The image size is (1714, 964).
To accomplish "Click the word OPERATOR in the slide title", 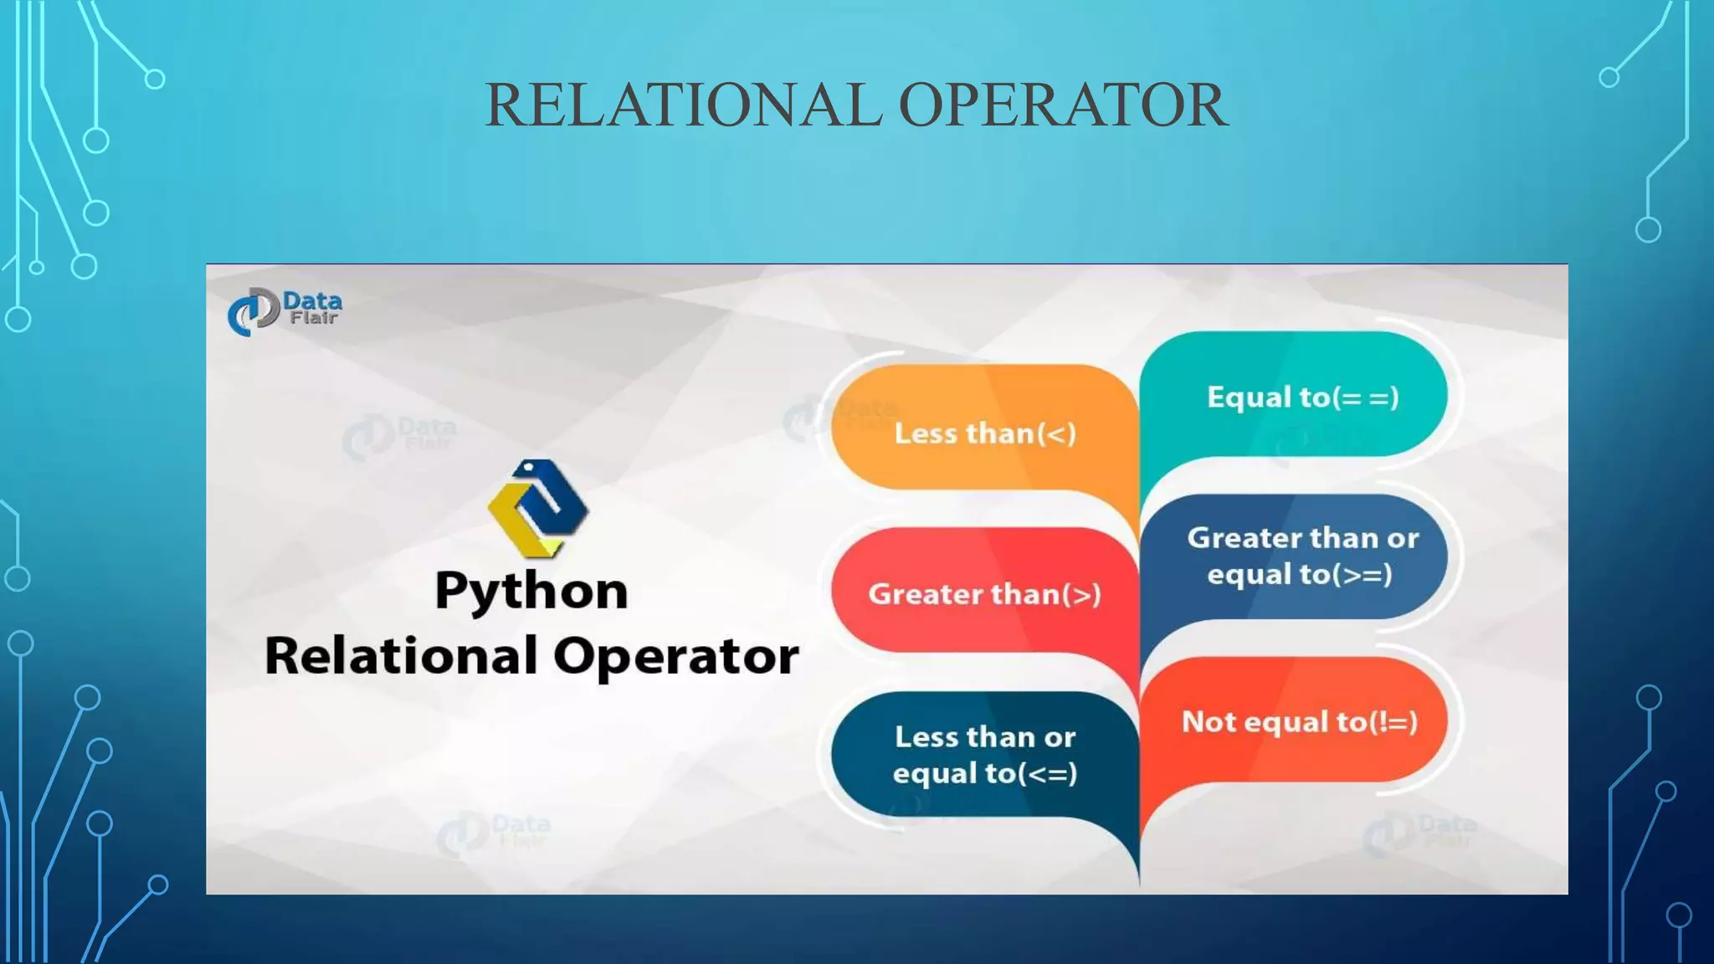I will [1063, 105].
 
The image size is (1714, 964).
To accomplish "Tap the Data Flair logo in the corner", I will [285, 310].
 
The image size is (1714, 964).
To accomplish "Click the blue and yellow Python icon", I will [537, 508].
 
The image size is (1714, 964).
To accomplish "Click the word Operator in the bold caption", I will [676, 657].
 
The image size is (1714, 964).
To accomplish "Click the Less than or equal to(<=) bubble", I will [985, 754].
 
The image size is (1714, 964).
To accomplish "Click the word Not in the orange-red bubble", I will [1209, 721].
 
